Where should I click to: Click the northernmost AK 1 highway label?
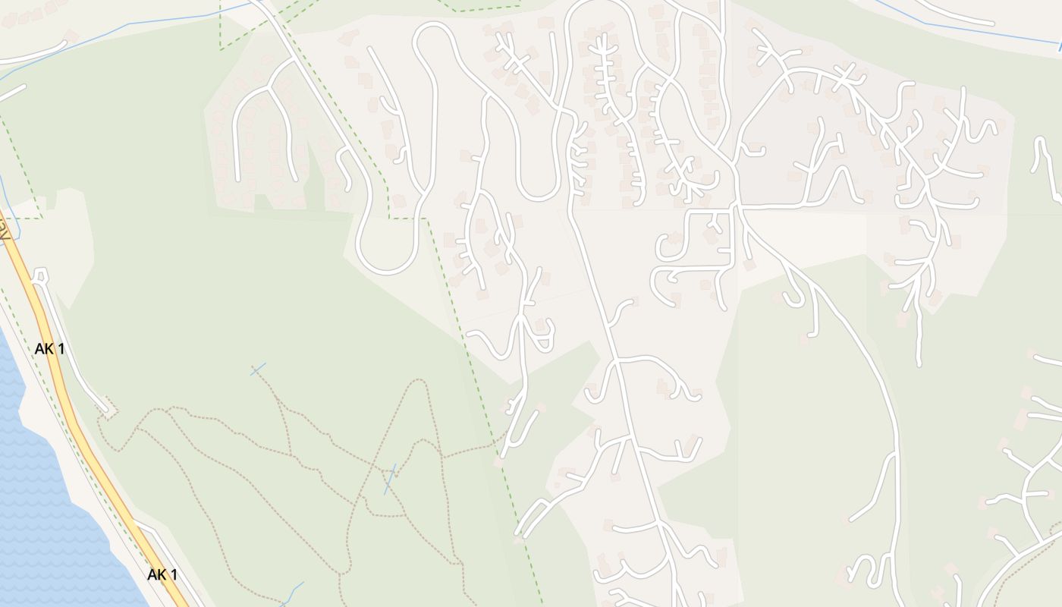pos(49,349)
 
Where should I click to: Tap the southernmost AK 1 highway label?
pos(162,574)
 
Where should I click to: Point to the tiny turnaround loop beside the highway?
pos(39,275)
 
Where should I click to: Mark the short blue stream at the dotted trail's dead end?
pos(258,370)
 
